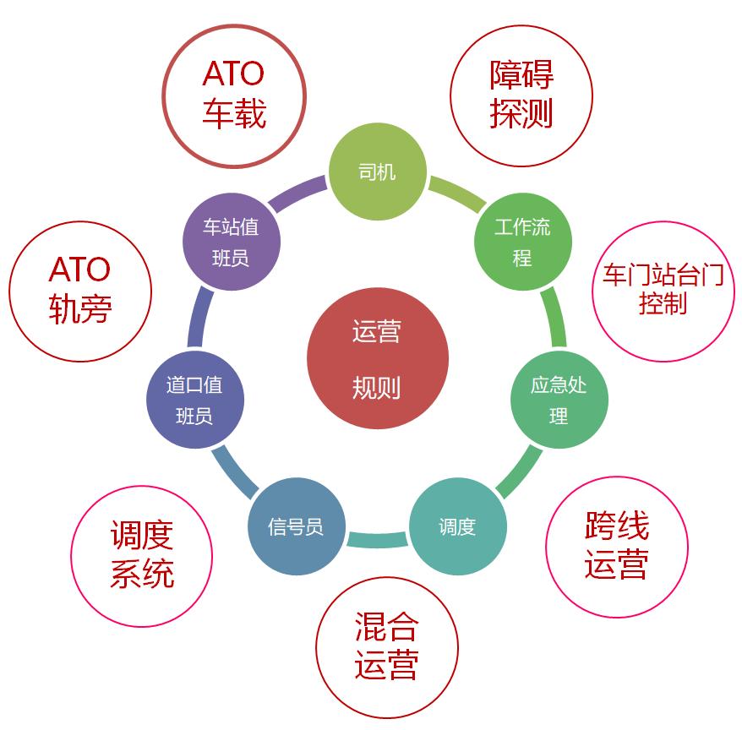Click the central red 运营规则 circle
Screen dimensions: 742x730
click(x=378, y=358)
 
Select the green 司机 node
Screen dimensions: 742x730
click(x=378, y=172)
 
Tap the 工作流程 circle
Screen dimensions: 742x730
click(x=523, y=242)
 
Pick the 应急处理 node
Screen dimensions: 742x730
click(x=559, y=400)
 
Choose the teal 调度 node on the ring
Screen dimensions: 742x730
click(x=457, y=526)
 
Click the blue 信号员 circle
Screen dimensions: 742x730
click(x=297, y=526)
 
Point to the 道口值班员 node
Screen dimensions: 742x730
click(x=195, y=400)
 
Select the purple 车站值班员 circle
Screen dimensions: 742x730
click(x=232, y=242)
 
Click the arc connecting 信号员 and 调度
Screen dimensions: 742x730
click(x=377, y=540)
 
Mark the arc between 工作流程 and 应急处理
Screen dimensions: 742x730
click(x=554, y=316)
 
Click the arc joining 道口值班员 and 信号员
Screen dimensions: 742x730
click(x=233, y=474)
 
